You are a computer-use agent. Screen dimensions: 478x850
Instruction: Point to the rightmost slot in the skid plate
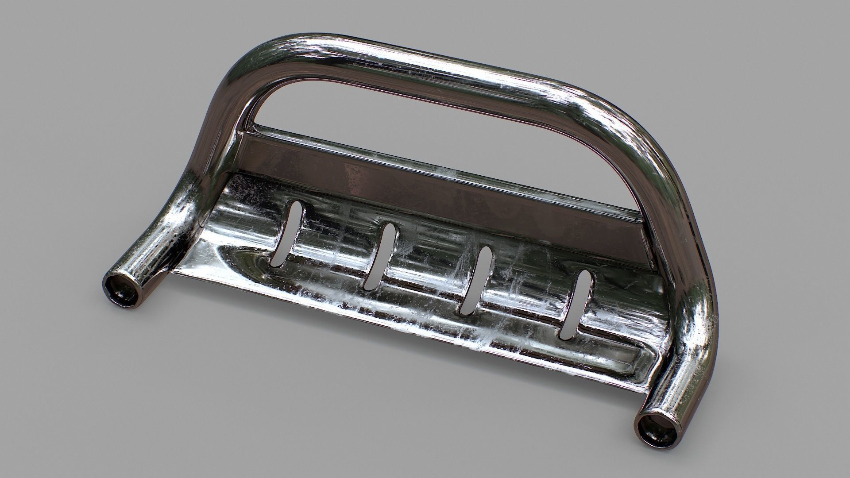(x=575, y=305)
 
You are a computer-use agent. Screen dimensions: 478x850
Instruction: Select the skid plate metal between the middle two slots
(x=427, y=270)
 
